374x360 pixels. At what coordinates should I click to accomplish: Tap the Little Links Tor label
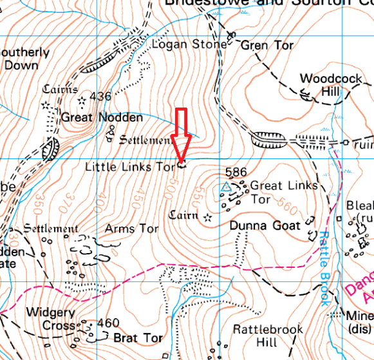coord(130,167)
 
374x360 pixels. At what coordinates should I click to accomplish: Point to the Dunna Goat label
coord(265,226)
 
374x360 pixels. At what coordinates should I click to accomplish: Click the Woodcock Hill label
coord(320,85)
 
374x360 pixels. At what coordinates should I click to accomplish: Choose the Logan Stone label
coord(189,44)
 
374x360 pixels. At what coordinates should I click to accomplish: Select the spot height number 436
coord(100,97)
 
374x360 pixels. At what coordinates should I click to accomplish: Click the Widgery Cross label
coord(51,318)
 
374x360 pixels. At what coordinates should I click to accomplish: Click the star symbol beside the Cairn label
coord(207,218)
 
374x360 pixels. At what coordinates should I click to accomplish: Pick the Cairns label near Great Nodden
coord(60,89)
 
